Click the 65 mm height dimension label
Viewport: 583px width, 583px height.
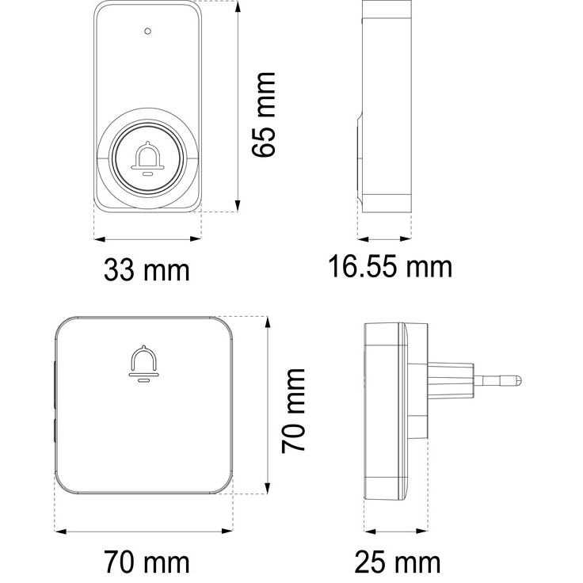click(x=263, y=115)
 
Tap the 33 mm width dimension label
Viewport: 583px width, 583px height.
click(x=147, y=270)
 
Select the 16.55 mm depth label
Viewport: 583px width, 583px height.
click(x=391, y=267)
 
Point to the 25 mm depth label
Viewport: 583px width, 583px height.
click(x=397, y=562)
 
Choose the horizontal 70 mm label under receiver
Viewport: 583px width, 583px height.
click(x=147, y=562)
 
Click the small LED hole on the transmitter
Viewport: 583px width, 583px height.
click(x=147, y=31)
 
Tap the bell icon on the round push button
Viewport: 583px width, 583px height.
click(x=148, y=158)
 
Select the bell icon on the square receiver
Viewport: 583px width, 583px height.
click(x=143, y=364)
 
